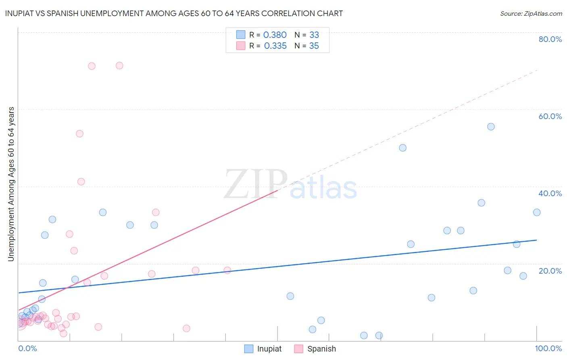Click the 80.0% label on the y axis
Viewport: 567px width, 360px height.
[x=550, y=39]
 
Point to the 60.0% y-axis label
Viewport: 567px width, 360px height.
[x=550, y=116]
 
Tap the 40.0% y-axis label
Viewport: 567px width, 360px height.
[x=550, y=193]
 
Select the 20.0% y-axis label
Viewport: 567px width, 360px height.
[x=550, y=271]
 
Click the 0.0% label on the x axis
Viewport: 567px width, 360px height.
[x=27, y=348]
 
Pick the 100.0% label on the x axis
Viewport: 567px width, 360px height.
[x=548, y=348]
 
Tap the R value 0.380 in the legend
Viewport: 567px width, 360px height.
[x=275, y=35]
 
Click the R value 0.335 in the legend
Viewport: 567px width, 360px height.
[x=275, y=46]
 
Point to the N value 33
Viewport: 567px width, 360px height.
[x=314, y=35]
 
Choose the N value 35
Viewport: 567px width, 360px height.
[x=314, y=46]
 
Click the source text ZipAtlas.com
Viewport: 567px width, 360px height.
[x=531, y=14]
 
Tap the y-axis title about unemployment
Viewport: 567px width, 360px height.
[x=11, y=184]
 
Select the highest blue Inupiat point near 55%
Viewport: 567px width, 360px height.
[x=491, y=127]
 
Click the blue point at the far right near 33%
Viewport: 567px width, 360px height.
[x=537, y=212]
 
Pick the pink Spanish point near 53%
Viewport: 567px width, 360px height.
[x=79, y=134]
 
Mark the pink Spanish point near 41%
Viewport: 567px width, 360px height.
[x=81, y=182]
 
